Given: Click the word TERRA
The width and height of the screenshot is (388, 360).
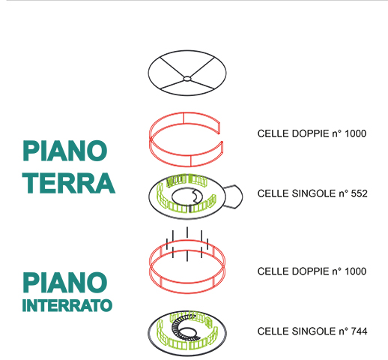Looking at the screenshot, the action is tap(69, 183).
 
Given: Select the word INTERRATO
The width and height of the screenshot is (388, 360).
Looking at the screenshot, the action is tap(67, 305).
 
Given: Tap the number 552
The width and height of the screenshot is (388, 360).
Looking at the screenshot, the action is tap(359, 193).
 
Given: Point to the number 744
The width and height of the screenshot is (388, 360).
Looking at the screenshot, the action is tap(359, 331).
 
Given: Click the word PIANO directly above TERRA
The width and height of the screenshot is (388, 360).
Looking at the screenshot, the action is tap(65, 151).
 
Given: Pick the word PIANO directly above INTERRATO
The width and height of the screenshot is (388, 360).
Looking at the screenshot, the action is tap(65, 283).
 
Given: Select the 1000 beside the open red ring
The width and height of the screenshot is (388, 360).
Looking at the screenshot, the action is tap(355, 133).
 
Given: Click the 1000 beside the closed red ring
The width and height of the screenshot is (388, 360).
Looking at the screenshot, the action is tap(355, 271).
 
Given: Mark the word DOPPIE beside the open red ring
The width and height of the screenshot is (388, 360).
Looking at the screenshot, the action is tap(310, 133).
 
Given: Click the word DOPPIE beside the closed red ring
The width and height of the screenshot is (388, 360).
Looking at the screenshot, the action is tap(310, 271).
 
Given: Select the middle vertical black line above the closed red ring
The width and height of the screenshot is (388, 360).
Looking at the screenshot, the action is tap(187, 244).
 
